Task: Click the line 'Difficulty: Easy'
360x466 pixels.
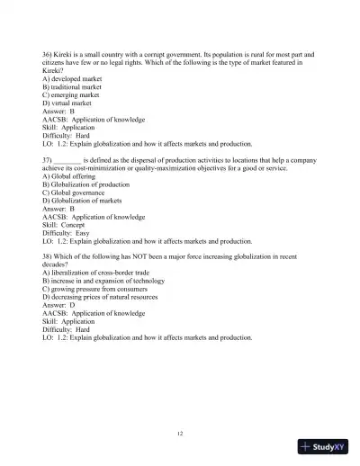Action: click(x=66, y=229)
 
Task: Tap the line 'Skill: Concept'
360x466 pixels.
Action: click(x=63, y=222)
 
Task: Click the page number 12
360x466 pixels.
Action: click(x=180, y=435)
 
